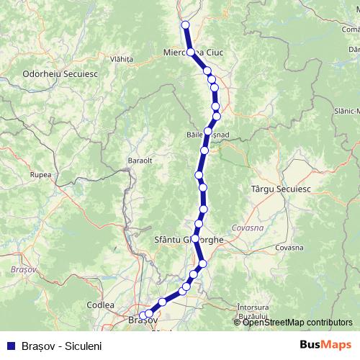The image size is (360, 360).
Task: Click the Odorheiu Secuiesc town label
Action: pyautogui.click(x=53, y=73)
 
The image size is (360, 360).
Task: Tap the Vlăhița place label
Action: pyautogui.click(x=122, y=59)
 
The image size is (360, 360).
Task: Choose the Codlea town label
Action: pyautogui.click(x=100, y=305)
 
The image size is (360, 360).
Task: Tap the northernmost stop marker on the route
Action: pyautogui.click(x=185, y=25)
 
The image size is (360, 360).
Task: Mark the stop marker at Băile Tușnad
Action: pyautogui.click(x=208, y=131)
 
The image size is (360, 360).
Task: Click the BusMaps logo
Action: pyautogui.click(x=326, y=345)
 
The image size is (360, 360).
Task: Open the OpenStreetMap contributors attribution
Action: pyautogui.click(x=297, y=322)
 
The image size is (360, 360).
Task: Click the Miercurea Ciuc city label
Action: pyautogui.click(x=189, y=52)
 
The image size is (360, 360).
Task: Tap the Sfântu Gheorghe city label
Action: pyautogui.click(x=189, y=239)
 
